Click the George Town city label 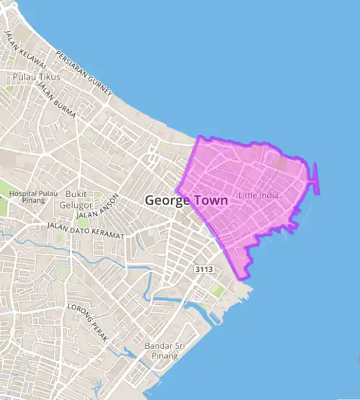[x=186, y=201]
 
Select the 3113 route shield [x=204, y=269]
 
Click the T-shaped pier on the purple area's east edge [x=315, y=179]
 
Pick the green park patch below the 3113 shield [x=217, y=291]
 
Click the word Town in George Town [x=210, y=201]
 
